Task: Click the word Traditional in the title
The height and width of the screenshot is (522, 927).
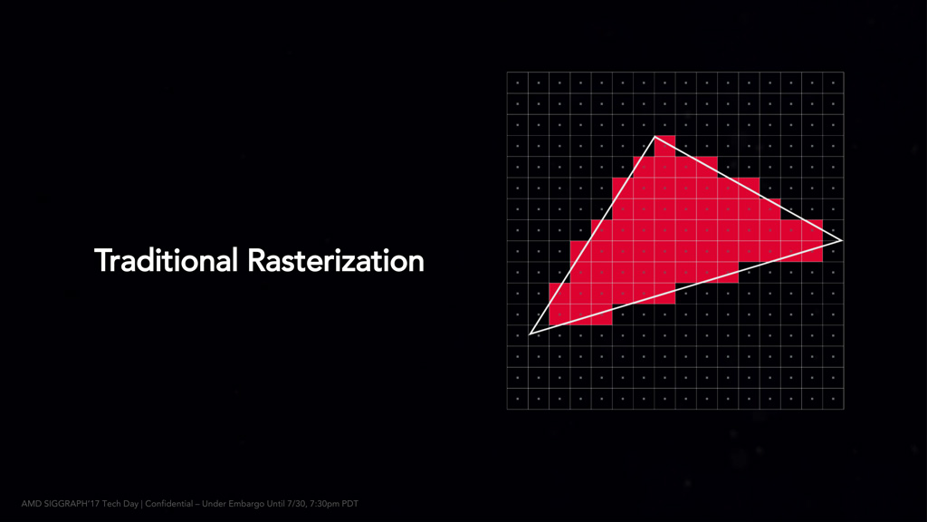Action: pyautogui.click(x=166, y=260)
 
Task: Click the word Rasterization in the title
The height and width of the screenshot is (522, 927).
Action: pyautogui.click(x=336, y=260)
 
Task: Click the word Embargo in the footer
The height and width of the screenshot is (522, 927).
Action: pyautogui.click(x=246, y=504)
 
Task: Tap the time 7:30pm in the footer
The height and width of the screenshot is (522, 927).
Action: pyautogui.click(x=324, y=504)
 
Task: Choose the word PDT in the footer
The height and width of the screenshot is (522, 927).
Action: pyautogui.click(x=350, y=504)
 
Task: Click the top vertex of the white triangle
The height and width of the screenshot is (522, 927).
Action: pyautogui.click(x=655, y=137)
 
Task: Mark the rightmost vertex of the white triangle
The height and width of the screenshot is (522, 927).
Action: pyautogui.click(x=842, y=241)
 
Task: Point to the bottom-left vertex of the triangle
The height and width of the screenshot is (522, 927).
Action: pyautogui.click(x=530, y=334)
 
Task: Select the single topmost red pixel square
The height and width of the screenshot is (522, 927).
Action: pyautogui.click(x=665, y=146)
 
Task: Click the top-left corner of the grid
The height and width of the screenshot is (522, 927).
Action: pyautogui.click(x=507, y=72)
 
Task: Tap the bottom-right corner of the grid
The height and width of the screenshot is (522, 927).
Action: pyautogui.click(x=844, y=409)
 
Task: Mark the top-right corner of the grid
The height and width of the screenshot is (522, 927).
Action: pyautogui.click(x=844, y=72)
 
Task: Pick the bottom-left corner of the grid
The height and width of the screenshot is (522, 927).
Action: pyautogui.click(x=507, y=409)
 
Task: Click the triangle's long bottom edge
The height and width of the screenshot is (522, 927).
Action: pyautogui.click(x=686, y=287)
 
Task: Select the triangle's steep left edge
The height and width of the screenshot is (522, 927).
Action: pyautogui.click(x=592, y=236)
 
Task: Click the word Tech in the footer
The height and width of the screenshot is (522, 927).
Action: pyautogui.click(x=111, y=504)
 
